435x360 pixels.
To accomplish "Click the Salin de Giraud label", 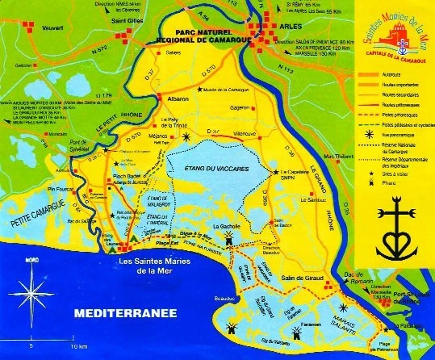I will [301, 278].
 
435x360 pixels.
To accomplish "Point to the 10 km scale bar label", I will [78, 346].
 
